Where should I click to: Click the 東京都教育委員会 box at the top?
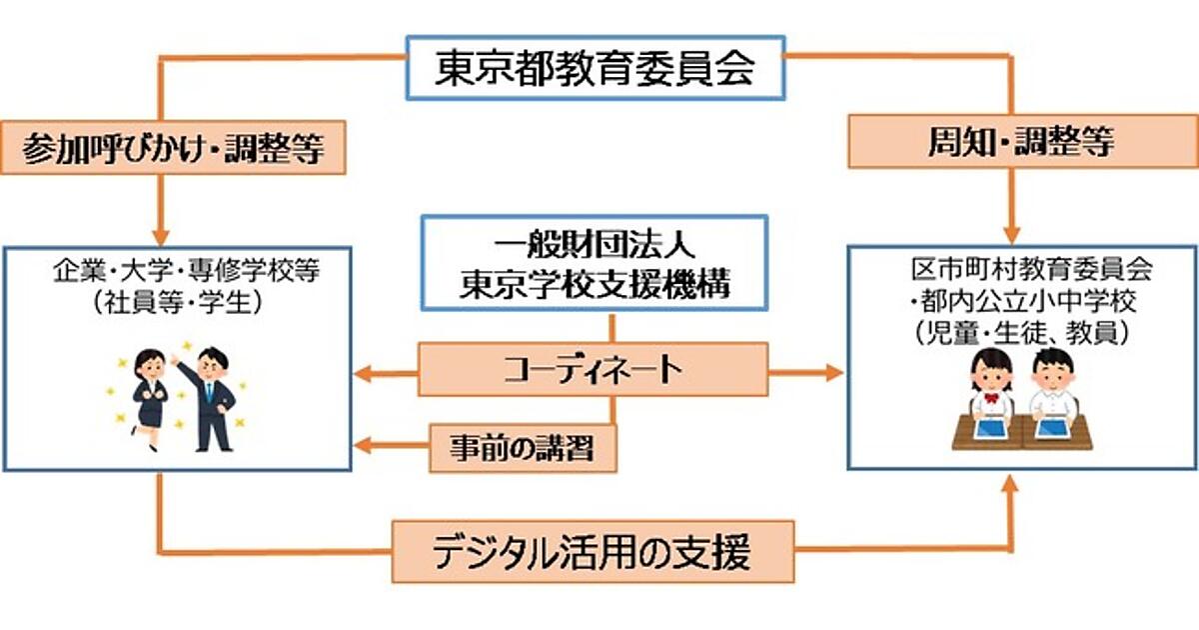pyautogui.click(x=596, y=67)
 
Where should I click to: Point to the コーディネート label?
pyautogui.click(x=594, y=369)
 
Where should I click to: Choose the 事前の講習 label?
pyautogui.click(x=523, y=447)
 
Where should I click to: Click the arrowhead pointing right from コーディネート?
pyautogui.click(x=833, y=373)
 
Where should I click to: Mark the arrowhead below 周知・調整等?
pyautogui.click(x=1011, y=226)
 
